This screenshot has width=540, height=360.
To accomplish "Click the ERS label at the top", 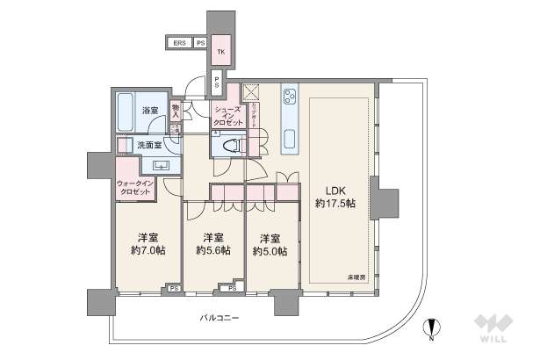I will pos(178,43).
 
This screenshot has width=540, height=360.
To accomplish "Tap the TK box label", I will pos(221,52).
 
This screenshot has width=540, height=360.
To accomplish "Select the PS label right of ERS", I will pos(200,43).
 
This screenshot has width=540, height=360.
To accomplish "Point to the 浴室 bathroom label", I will pos(150,110).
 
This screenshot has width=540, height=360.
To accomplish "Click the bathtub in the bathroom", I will pos(129,111).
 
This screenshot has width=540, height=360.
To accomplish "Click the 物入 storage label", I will pos(176,110).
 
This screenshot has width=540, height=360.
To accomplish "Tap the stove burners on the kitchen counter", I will pos(291,97).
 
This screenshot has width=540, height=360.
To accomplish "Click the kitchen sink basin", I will pos(290,136).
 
